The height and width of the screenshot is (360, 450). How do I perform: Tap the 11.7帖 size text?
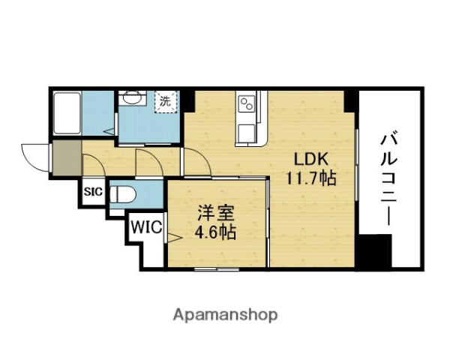coord(310,178)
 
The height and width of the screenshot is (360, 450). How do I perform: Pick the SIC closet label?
coord(93,191)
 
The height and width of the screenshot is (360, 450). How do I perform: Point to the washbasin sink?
coord(132,98)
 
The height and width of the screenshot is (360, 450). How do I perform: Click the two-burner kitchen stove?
coord(247,104)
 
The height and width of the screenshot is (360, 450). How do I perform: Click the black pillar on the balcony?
coord(373,253)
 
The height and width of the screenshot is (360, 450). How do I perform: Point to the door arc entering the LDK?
coord(193,160)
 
